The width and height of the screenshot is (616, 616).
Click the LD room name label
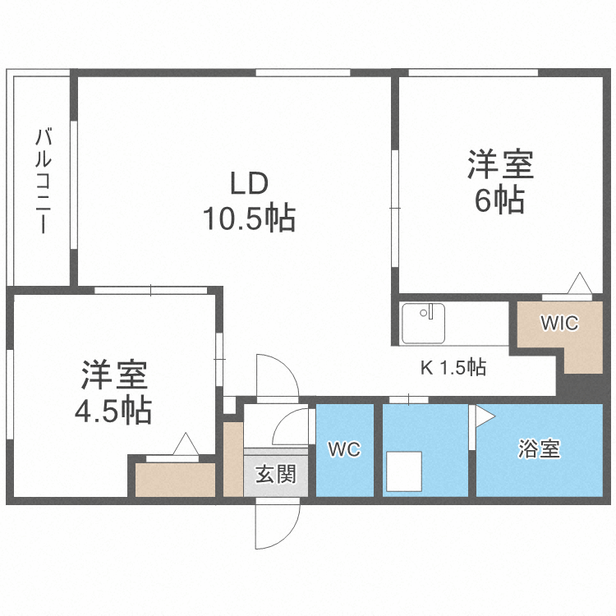tap(249, 182)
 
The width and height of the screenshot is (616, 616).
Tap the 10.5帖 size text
tap(249, 218)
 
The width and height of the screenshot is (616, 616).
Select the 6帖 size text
tap(500, 200)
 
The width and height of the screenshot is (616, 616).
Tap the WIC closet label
tap(559, 323)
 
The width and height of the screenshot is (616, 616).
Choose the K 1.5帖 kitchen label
tap(453, 367)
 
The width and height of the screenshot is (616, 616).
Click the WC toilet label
tap(344, 449)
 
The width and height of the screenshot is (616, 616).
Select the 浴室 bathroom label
tap(540, 449)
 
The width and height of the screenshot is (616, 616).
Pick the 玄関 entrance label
tap(275, 474)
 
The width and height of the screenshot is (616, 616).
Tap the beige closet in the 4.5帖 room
tap(175, 480)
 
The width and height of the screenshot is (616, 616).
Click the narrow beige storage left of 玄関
tap(233, 459)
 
